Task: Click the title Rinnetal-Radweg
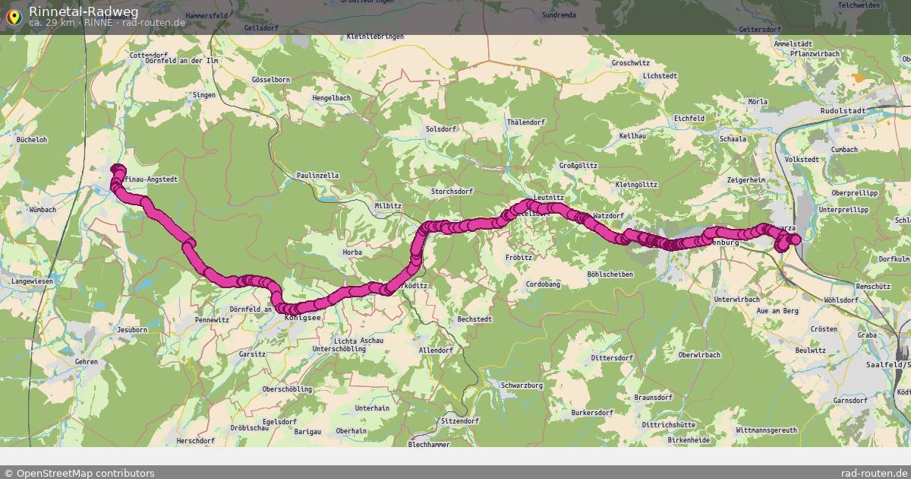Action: pos(84,11)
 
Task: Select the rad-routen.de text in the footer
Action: pos(874,473)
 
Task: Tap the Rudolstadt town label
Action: pos(843,111)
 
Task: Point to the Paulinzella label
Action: pos(318,176)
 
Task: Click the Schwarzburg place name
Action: pos(522,385)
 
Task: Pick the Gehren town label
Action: pos(87,362)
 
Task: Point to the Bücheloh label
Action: pos(31,140)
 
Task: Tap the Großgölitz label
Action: pos(578,165)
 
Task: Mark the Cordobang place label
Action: pos(543,284)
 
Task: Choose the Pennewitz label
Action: pos(212,320)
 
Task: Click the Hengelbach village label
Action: pos(331,98)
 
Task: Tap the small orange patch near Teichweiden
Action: pos(859,78)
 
